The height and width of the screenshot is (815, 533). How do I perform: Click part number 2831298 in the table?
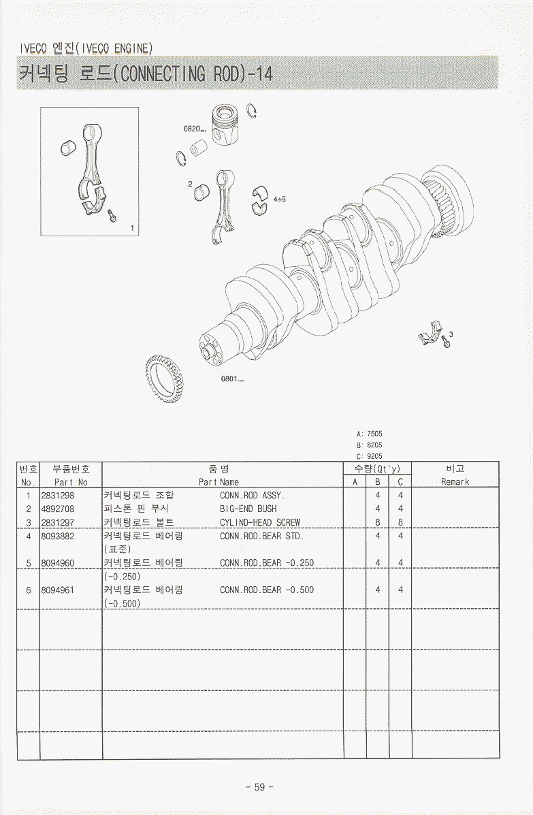[58, 496]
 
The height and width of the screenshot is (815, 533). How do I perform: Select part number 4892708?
[58, 509]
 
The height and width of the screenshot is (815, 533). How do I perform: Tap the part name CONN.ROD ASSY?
[253, 496]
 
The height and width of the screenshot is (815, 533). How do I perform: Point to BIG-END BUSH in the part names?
[248, 509]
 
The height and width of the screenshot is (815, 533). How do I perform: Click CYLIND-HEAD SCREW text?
[260, 522]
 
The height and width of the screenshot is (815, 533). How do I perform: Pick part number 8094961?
[58, 590]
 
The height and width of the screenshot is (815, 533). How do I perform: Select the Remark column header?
[455, 482]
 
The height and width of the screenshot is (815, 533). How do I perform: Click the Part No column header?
[71, 482]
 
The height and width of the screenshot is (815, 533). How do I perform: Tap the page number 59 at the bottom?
[260, 787]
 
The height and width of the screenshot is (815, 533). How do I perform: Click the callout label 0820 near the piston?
[194, 129]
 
